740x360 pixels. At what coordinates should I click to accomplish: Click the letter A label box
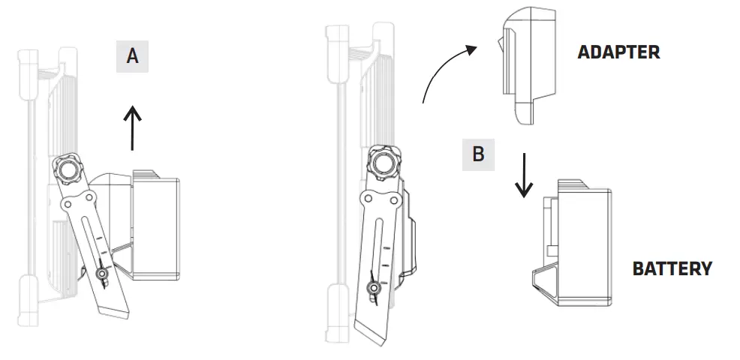coord(132,56)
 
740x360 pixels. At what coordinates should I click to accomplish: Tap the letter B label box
coord(478,154)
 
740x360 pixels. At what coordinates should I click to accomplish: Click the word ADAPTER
coord(618,52)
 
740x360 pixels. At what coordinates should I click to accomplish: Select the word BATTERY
coord(672,268)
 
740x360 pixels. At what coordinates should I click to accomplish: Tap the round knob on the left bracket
coord(67,169)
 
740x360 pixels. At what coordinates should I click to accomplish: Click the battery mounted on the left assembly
coord(154,225)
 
